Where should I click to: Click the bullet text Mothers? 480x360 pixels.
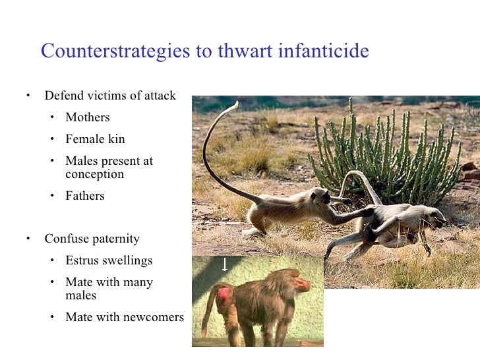(x=88, y=117)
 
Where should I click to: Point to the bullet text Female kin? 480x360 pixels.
(x=95, y=139)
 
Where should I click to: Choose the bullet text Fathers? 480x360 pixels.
(x=85, y=196)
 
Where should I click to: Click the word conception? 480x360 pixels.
(x=94, y=174)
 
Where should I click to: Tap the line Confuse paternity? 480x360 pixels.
(x=92, y=239)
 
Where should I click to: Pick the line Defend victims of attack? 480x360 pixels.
(x=110, y=96)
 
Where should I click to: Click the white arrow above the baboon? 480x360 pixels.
(x=225, y=264)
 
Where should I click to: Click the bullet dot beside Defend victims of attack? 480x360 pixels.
(x=29, y=96)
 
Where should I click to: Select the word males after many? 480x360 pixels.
(x=80, y=296)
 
